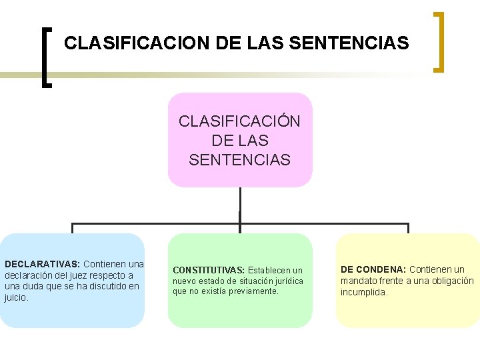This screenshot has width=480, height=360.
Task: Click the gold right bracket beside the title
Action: [x=439, y=41]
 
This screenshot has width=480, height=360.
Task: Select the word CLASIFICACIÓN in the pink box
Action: [x=239, y=122]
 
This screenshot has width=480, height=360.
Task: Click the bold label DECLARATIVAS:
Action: [x=42, y=264]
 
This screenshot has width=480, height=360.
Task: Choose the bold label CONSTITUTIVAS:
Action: [x=209, y=270]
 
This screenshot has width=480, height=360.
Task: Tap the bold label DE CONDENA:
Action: [x=373, y=269]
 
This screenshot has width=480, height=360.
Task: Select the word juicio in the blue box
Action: [x=15, y=298]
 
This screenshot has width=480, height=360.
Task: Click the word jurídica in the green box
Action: [x=285, y=281]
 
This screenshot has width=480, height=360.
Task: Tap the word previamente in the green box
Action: [x=255, y=291]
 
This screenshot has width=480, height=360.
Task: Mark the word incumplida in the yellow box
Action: [x=363, y=292]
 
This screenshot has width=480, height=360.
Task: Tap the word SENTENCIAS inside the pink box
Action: [x=239, y=160]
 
